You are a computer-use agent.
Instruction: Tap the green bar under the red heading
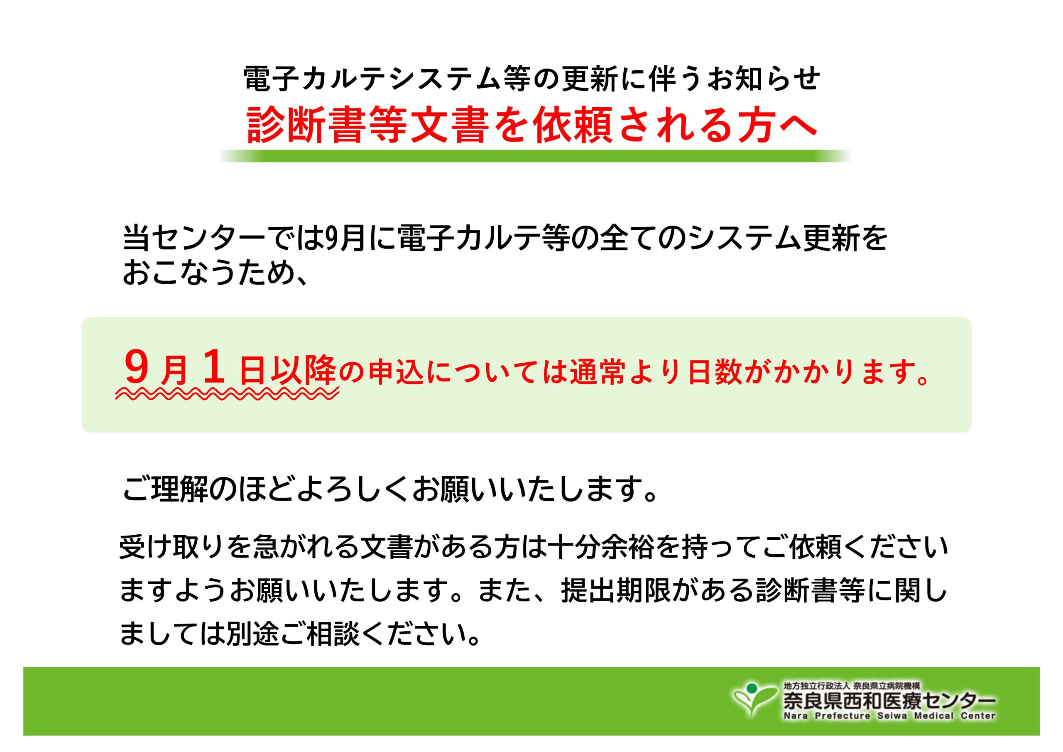pyautogui.click(x=535, y=156)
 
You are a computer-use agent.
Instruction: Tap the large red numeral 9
pyautogui.click(x=137, y=367)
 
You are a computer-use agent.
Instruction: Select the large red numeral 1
pyautogui.click(x=214, y=366)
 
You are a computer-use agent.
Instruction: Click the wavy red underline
pyautogui.click(x=227, y=394)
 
